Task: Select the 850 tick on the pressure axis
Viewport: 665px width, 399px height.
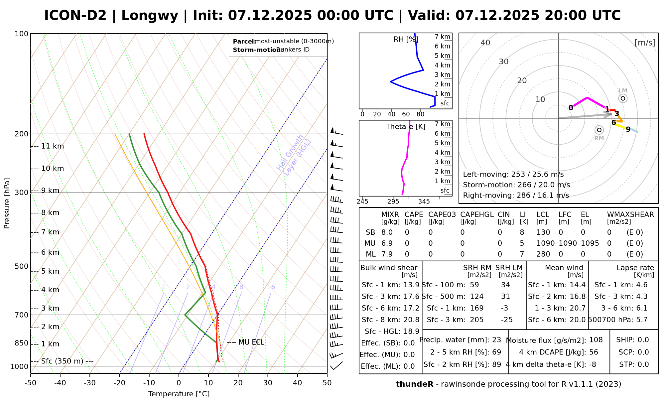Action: click(x=22, y=343)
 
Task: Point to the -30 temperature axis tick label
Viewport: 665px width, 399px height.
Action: click(x=90, y=383)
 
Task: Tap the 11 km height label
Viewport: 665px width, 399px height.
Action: click(x=52, y=146)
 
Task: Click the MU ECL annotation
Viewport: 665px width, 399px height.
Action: click(x=251, y=342)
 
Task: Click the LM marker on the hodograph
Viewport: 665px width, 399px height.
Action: click(x=623, y=98)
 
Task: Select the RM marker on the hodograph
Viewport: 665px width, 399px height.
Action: click(x=599, y=130)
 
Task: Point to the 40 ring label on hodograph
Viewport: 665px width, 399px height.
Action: click(x=485, y=43)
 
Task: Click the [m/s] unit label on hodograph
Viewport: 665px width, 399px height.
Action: click(x=645, y=43)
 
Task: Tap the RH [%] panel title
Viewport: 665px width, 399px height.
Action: click(x=406, y=40)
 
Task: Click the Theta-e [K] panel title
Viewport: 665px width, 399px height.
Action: click(x=405, y=127)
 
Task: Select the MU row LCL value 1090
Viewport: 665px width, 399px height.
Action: click(x=545, y=243)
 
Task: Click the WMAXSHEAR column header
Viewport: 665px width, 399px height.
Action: click(x=630, y=215)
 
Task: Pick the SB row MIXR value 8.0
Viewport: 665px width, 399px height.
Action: click(x=387, y=232)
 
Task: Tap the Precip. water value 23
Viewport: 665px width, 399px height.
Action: click(x=496, y=340)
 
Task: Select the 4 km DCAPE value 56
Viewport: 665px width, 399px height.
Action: click(x=594, y=352)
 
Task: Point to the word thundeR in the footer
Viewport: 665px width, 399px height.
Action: click(x=414, y=384)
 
